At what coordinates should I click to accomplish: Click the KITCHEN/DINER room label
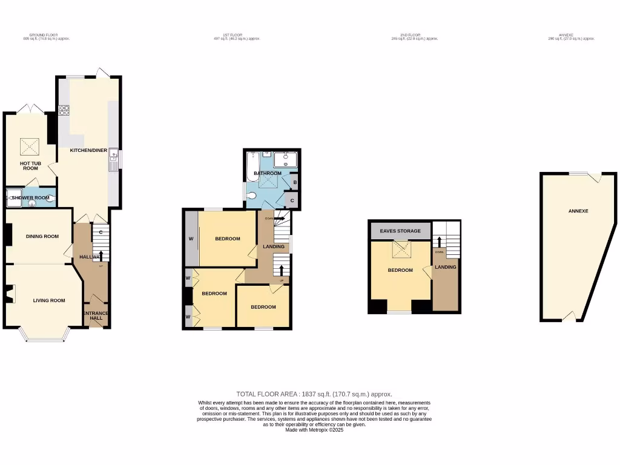(x=85, y=150)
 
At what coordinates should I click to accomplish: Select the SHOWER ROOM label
(x=30, y=197)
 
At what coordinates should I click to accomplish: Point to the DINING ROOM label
(x=42, y=236)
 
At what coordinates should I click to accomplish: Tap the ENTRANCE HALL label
(x=96, y=316)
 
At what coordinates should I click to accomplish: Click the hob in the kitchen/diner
(x=64, y=111)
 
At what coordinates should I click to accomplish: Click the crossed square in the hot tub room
(x=30, y=146)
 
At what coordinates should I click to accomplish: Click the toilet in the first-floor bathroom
(x=251, y=195)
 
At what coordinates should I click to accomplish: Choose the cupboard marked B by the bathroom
(x=294, y=182)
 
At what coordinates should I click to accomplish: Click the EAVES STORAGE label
(x=400, y=231)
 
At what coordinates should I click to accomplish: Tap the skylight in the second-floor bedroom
(x=400, y=248)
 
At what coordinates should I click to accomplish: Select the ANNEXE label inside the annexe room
(x=578, y=211)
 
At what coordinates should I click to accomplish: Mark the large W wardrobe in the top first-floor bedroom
(x=191, y=239)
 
